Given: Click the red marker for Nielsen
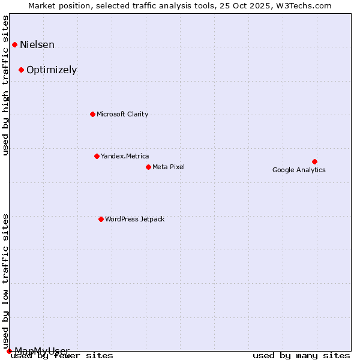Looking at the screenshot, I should click(14, 44).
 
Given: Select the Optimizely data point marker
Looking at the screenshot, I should click(21, 70).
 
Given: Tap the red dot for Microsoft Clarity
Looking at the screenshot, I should click(92, 114).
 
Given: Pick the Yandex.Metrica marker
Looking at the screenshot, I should click(97, 156).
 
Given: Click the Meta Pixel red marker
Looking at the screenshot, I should click(148, 167).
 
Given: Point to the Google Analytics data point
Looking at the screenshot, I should click(314, 161).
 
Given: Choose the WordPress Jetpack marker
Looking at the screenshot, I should click(101, 219).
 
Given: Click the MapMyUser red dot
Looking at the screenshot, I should click(9, 351).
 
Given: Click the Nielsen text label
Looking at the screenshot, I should click(37, 45).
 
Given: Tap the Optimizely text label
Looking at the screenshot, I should click(52, 70).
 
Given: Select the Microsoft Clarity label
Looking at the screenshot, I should click(122, 115).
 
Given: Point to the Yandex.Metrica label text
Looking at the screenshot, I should click(125, 157).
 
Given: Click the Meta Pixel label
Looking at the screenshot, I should click(169, 167).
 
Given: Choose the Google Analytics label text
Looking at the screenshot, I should click(299, 170).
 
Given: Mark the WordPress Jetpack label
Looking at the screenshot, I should click(134, 220).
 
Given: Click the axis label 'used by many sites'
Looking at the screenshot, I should click(301, 356).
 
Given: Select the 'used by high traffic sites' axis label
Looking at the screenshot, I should click(6, 85).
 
